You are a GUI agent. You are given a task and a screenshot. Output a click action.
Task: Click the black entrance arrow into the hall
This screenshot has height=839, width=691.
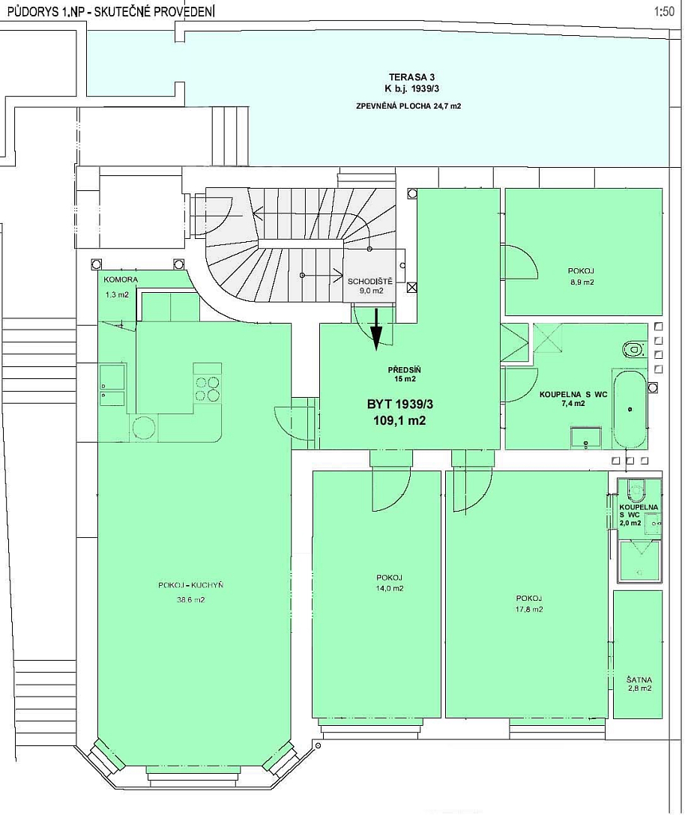pyautogui.click(x=376, y=329)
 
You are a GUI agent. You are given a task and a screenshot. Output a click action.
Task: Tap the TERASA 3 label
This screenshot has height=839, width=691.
pyautogui.click(x=411, y=77)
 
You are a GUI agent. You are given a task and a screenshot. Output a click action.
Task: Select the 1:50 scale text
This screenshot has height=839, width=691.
pyautogui.click(x=664, y=11)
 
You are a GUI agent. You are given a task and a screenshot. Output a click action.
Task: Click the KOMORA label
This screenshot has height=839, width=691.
pyautogui.click(x=121, y=280)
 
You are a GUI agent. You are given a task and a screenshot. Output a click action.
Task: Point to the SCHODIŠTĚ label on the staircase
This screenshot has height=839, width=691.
pyautogui.click(x=369, y=282)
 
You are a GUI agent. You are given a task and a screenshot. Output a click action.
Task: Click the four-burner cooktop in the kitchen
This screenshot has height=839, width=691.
pyautogui.click(x=207, y=389)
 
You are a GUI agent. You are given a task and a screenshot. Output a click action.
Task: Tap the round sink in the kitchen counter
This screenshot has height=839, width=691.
pyautogui.click(x=143, y=428)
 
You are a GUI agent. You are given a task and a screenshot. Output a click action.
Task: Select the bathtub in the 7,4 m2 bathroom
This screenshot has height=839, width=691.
pyautogui.click(x=630, y=409)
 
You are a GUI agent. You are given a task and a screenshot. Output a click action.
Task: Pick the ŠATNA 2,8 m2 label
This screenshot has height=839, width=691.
pyautogui.click(x=639, y=685)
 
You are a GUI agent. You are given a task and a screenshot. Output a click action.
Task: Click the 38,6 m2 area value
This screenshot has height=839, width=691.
pyautogui.click(x=190, y=600)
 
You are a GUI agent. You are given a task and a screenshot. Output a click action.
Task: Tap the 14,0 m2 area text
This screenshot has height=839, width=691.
pyautogui.click(x=389, y=588)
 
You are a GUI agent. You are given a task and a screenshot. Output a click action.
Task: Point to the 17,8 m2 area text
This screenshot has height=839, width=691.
pyautogui.click(x=529, y=609)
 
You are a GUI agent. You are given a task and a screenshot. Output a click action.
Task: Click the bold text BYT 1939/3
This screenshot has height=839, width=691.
pyautogui.click(x=399, y=404)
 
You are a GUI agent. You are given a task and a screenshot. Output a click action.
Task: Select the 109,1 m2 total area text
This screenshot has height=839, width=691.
pyautogui.click(x=399, y=420)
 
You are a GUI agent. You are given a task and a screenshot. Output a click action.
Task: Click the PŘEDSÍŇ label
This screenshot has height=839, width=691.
pyautogui.click(x=404, y=370)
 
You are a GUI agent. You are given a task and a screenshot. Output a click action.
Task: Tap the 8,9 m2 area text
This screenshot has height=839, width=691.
pyautogui.click(x=582, y=282)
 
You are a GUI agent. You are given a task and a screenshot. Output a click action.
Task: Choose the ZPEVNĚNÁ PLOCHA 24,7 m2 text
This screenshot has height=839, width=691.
pyautogui.click(x=408, y=106)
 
